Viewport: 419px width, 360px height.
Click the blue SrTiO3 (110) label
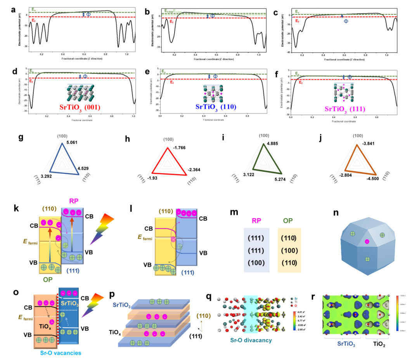(x=216, y=107)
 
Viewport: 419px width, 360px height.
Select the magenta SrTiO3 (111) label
(x=345, y=109)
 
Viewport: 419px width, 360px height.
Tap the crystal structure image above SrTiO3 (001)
(x=80, y=93)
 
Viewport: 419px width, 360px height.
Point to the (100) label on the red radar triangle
(x=168, y=139)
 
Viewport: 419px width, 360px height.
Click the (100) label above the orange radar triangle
(x=358, y=136)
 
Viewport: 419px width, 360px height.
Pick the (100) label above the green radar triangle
(x=264, y=136)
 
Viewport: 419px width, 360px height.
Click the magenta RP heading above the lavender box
(x=256, y=221)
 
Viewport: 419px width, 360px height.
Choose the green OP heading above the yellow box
(x=288, y=221)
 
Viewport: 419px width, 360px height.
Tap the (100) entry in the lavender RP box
(x=256, y=262)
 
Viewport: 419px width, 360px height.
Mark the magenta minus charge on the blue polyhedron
(x=367, y=242)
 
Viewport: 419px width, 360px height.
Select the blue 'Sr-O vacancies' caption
(x=61, y=353)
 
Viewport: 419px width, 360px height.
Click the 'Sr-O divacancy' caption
(x=251, y=340)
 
